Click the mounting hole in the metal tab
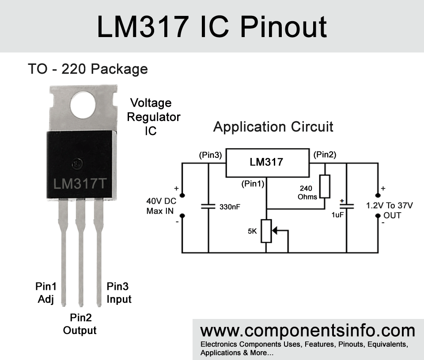(x=83, y=105)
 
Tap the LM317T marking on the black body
(x=79, y=184)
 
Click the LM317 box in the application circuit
(x=266, y=162)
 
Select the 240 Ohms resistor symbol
(x=325, y=186)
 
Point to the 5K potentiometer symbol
(x=266, y=231)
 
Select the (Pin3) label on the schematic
(x=210, y=155)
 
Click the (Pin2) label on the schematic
(x=325, y=155)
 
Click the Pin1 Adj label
(x=45, y=293)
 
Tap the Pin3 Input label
(x=119, y=292)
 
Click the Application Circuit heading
(x=273, y=127)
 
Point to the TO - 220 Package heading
(x=87, y=69)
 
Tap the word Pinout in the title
(x=284, y=26)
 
